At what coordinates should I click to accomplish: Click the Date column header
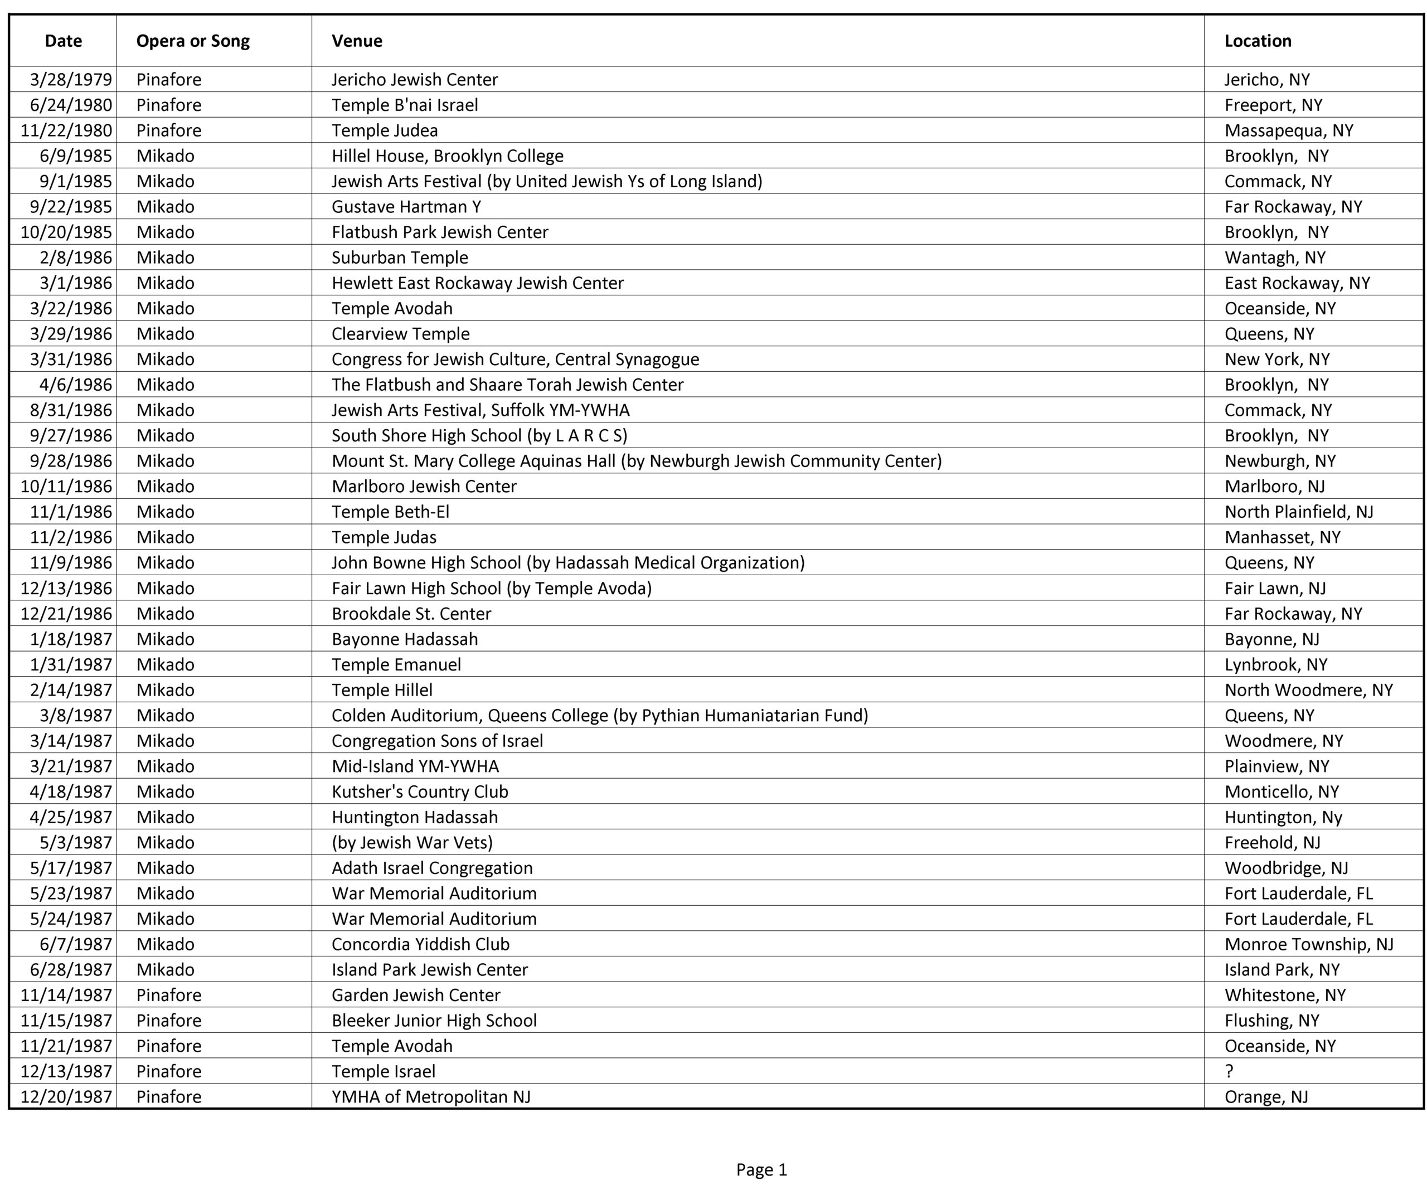(x=63, y=41)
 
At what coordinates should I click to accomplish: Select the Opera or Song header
(x=193, y=41)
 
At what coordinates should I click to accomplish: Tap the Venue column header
(x=357, y=41)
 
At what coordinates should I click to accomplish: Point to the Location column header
(x=1258, y=41)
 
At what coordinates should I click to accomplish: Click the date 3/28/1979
(x=71, y=80)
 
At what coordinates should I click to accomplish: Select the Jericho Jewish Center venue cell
(x=415, y=80)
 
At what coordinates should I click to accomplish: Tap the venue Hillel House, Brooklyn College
(x=447, y=156)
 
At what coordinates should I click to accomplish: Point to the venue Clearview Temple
(x=400, y=334)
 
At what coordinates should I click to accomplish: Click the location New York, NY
(x=1277, y=359)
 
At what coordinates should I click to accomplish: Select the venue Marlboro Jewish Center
(x=424, y=487)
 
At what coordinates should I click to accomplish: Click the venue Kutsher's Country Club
(x=419, y=791)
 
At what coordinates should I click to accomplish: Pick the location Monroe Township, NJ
(x=1309, y=944)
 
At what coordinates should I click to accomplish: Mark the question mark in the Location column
(x=1229, y=1071)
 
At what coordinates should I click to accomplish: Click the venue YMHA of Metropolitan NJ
(x=431, y=1097)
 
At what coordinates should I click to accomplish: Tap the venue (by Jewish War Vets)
(x=412, y=843)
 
